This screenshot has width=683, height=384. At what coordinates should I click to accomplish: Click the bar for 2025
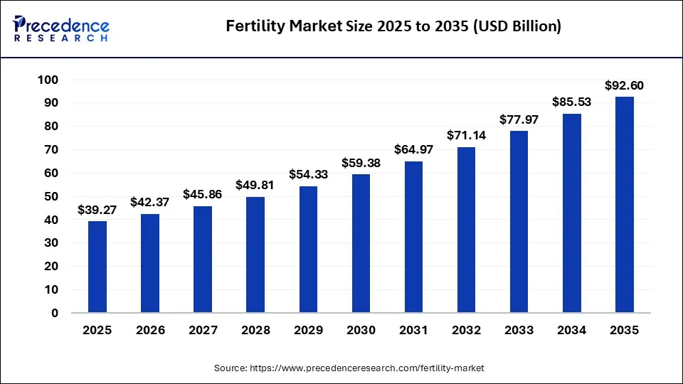coord(97,267)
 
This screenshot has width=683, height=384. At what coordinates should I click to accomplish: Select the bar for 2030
coord(361,243)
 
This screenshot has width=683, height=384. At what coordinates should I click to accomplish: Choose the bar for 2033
coord(519,222)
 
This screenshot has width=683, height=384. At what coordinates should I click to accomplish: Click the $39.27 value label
coord(97,210)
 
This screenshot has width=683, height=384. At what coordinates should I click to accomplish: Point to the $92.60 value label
coord(624,85)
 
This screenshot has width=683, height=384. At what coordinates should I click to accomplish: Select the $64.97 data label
coord(413,150)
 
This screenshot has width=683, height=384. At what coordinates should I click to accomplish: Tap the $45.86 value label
coord(203,194)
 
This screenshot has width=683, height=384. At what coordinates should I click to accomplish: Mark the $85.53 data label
coord(571,102)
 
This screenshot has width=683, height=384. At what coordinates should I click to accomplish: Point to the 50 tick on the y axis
coord(51,196)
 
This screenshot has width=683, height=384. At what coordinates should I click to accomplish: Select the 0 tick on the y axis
coord(55,313)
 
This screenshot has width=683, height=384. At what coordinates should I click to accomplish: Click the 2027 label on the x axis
coord(203,331)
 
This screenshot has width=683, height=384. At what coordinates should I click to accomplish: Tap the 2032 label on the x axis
coord(466,331)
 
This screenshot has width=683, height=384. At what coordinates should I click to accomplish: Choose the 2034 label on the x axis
coord(571,331)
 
